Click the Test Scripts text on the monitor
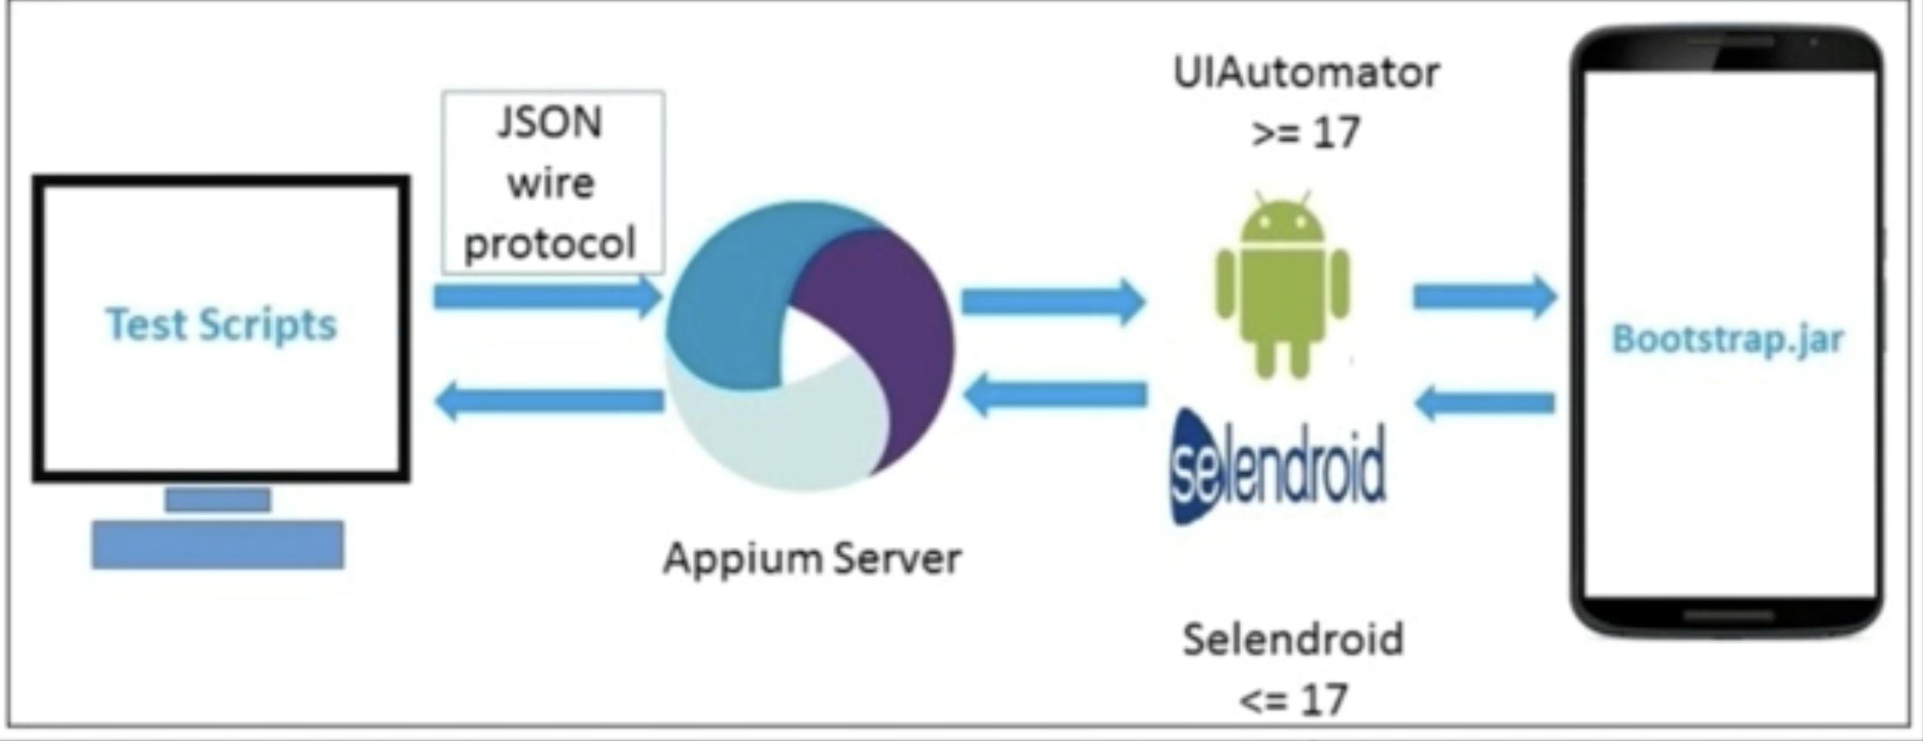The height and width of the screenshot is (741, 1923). point(221,324)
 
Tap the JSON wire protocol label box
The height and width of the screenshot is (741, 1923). point(552,183)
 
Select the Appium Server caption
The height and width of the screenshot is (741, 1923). point(812,558)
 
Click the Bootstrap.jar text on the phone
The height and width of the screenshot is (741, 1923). point(1727,339)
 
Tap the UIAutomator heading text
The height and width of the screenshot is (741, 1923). point(1306,73)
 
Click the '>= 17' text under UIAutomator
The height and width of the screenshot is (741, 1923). point(1306,132)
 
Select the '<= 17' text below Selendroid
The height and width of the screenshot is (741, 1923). point(1293,699)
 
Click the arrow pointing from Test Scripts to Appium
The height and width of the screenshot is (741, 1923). point(547,297)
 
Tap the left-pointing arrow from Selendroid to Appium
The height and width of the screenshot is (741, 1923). point(1055,395)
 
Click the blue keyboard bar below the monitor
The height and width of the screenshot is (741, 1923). point(218,545)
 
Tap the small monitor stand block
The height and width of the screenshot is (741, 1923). point(218,500)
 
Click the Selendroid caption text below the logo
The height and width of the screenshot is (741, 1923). point(1293,639)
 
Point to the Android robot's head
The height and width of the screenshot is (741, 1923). point(1283,223)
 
